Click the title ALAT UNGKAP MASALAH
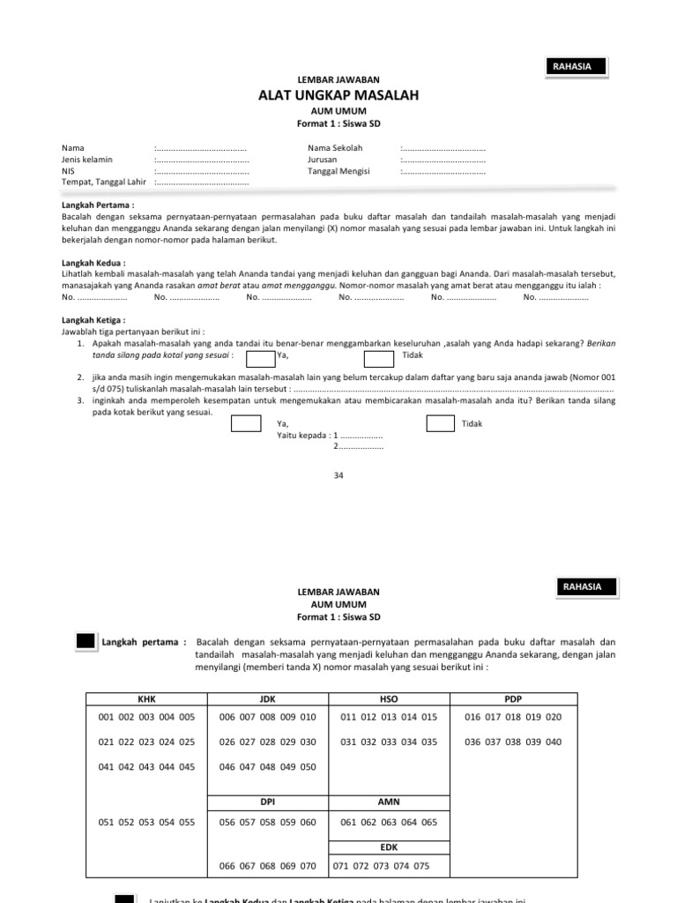click(338, 95)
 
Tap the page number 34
click(338, 475)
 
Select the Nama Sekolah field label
click(335, 148)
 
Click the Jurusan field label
click(324, 160)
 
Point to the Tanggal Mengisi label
click(338, 171)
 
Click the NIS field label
click(68, 171)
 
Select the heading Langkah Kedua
click(93, 263)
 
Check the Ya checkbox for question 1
click(260, 357)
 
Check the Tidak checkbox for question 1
click(379, 357)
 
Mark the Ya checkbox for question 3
click(246, 424)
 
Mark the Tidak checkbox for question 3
click(441, 424)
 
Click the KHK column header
click(146, 698)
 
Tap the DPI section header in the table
click(267, 802)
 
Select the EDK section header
click(389, 847)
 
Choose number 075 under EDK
click(420, 866)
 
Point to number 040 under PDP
click(553, 742)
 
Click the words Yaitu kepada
click(302, 436)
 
